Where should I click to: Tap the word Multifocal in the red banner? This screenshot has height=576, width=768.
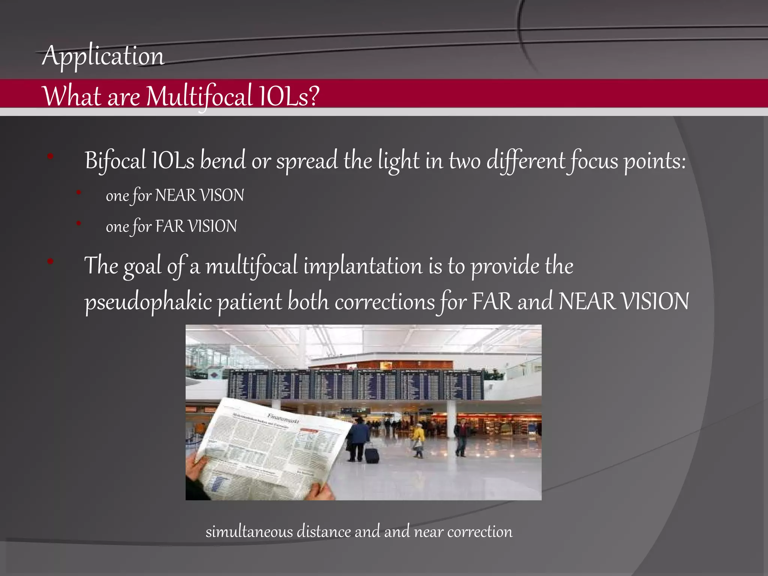tap(199, 96)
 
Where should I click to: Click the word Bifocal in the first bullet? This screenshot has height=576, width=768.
tap(115, 160)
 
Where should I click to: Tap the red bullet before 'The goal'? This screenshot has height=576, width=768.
tap(50, 261)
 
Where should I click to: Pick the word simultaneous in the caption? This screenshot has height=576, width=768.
tap(249, 532)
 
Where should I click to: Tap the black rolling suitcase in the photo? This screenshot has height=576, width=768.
tap(372, 454)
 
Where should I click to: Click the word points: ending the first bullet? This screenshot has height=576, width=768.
tap(655, 161)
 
